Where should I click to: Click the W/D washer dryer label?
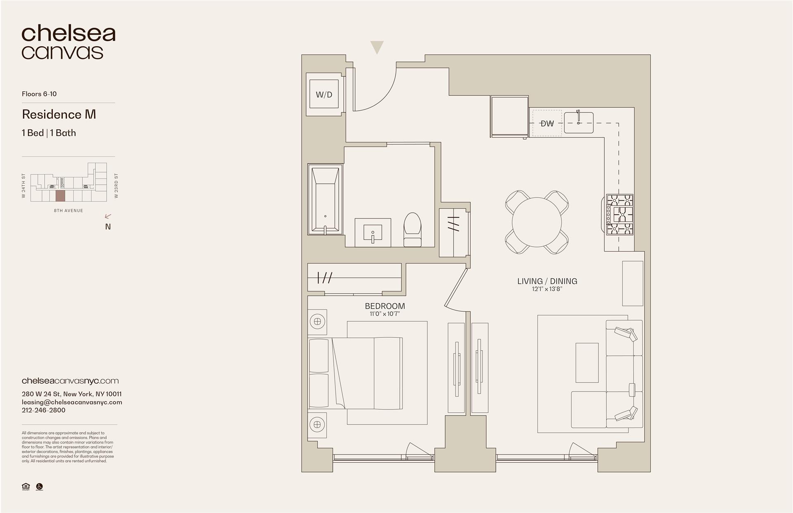(324, 95)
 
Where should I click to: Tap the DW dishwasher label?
(547, 123)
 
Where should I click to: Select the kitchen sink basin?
(579, 123)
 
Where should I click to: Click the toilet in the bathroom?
(412, 230)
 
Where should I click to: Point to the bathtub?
(325, 199)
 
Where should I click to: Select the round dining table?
(537, 222)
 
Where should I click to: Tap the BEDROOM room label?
(385, 306)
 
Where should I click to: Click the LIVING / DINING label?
(547, 281)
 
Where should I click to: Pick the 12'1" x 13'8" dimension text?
(547, 289)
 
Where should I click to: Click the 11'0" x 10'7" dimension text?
(385, 314)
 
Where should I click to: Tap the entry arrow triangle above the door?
(377, 47)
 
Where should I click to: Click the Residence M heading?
(59, 114)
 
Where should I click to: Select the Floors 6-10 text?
(39, 94)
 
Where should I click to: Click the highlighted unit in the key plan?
(60, 196)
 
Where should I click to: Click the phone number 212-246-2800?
(43, 410)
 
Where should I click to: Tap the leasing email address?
(72, 402)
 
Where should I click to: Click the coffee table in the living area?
(587, 363)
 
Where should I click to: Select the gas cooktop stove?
(620, 215)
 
